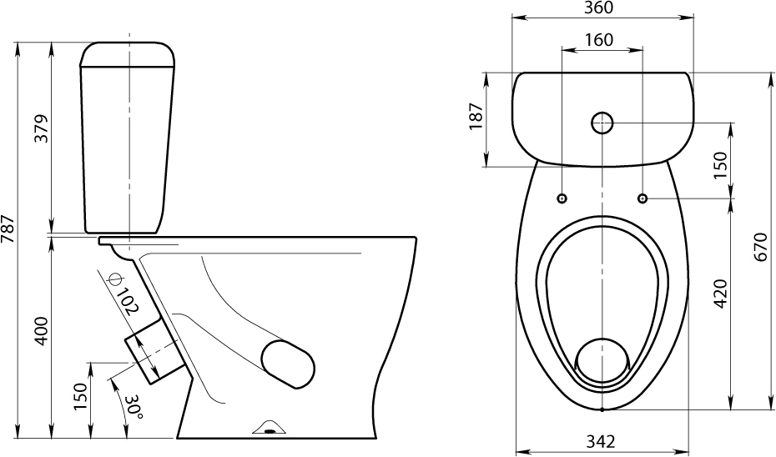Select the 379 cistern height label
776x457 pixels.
(42, 128)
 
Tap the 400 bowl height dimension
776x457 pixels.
(42, 331)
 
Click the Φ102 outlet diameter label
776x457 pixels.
(122, 294)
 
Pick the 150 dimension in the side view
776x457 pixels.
(80, 397)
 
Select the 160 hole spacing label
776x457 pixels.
(599, 39)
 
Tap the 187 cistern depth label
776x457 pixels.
(476, 116)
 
